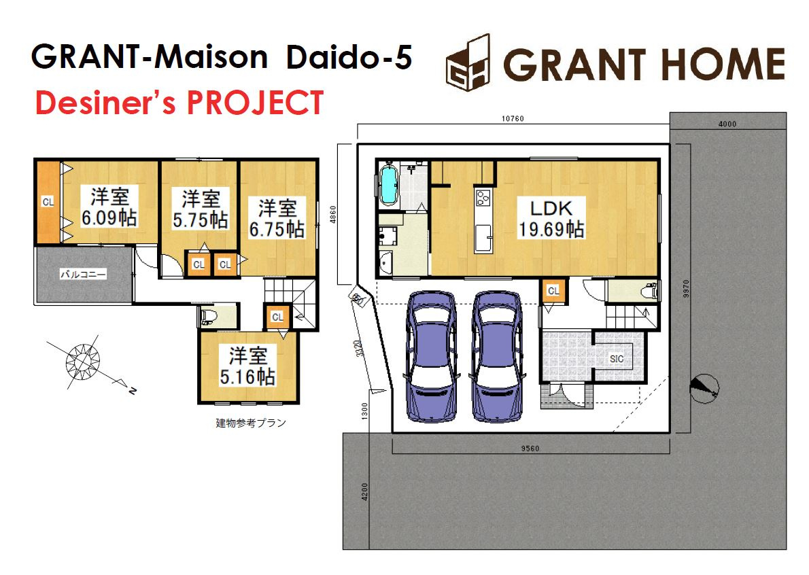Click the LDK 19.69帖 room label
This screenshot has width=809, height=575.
(x=551, y=218)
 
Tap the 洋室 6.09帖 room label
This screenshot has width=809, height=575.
(x=109, y=207)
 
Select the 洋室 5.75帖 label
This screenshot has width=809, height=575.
(x=200, y=209)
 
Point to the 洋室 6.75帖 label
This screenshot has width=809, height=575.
(x=277, y=219)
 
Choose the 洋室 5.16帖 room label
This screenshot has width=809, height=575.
(x=247, y=366)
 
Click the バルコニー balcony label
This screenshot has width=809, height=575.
(x=83, y=275)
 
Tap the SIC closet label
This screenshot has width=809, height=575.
(x=617, y=358)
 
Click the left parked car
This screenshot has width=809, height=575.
(x=431, y=356)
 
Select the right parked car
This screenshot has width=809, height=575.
(x=497, y=356)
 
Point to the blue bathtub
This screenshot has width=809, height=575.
(x=388, y=185)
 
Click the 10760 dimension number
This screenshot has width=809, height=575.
(x=513, y=119)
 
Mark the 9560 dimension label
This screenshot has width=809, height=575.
(x=530, y=449)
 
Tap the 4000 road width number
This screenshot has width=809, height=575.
(x=727, y=124)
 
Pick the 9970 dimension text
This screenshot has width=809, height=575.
(x=686, y=289)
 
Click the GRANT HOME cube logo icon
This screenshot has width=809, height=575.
(x=468, y=63)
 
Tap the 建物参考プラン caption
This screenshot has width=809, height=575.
(x=251, y=423)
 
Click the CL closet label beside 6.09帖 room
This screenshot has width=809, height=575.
(x=48, y=202)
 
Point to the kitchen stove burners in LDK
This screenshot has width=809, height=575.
(x=483, y=198)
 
